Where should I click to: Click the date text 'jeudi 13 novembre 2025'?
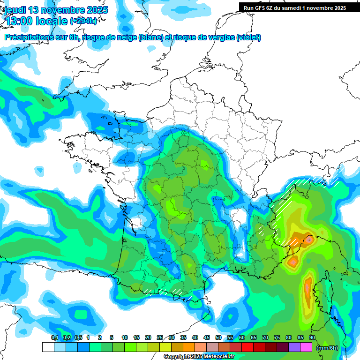tap(56, 10)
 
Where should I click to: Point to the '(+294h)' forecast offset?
tap(83, 21)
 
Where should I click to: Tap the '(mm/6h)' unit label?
tap(327, 347)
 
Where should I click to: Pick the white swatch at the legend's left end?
tap(48, 347)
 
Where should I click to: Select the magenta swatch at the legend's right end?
tap(306, 347)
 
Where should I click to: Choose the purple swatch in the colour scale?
tap(294, 347)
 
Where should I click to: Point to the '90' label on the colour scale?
tap(312, 337)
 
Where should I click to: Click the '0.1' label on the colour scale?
tap(54, 337)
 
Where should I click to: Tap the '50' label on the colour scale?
tap(218, 337)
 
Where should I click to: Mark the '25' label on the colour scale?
tap(160, 337)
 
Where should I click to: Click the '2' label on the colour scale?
tap(100, 337)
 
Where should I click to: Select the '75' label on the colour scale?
tap(277, 337)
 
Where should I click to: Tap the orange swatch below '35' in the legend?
tap(189, 347)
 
